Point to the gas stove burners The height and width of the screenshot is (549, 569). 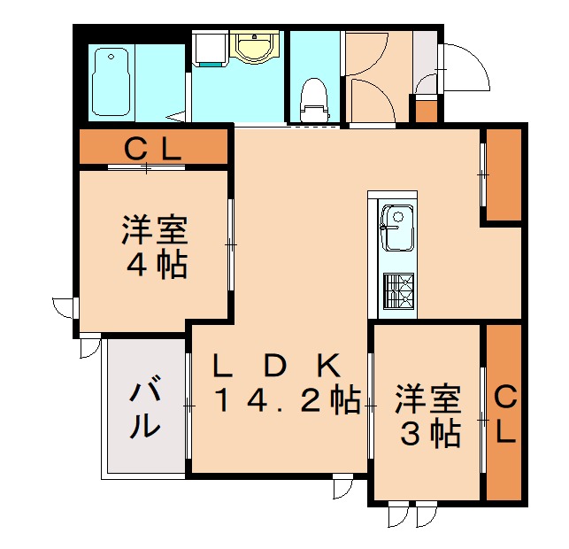(x=398, y=289)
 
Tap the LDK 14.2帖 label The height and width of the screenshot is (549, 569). (x=276, y=383)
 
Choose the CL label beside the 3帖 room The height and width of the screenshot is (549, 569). (x=504, y=414)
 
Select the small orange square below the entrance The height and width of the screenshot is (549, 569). (x=427, y=112)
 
